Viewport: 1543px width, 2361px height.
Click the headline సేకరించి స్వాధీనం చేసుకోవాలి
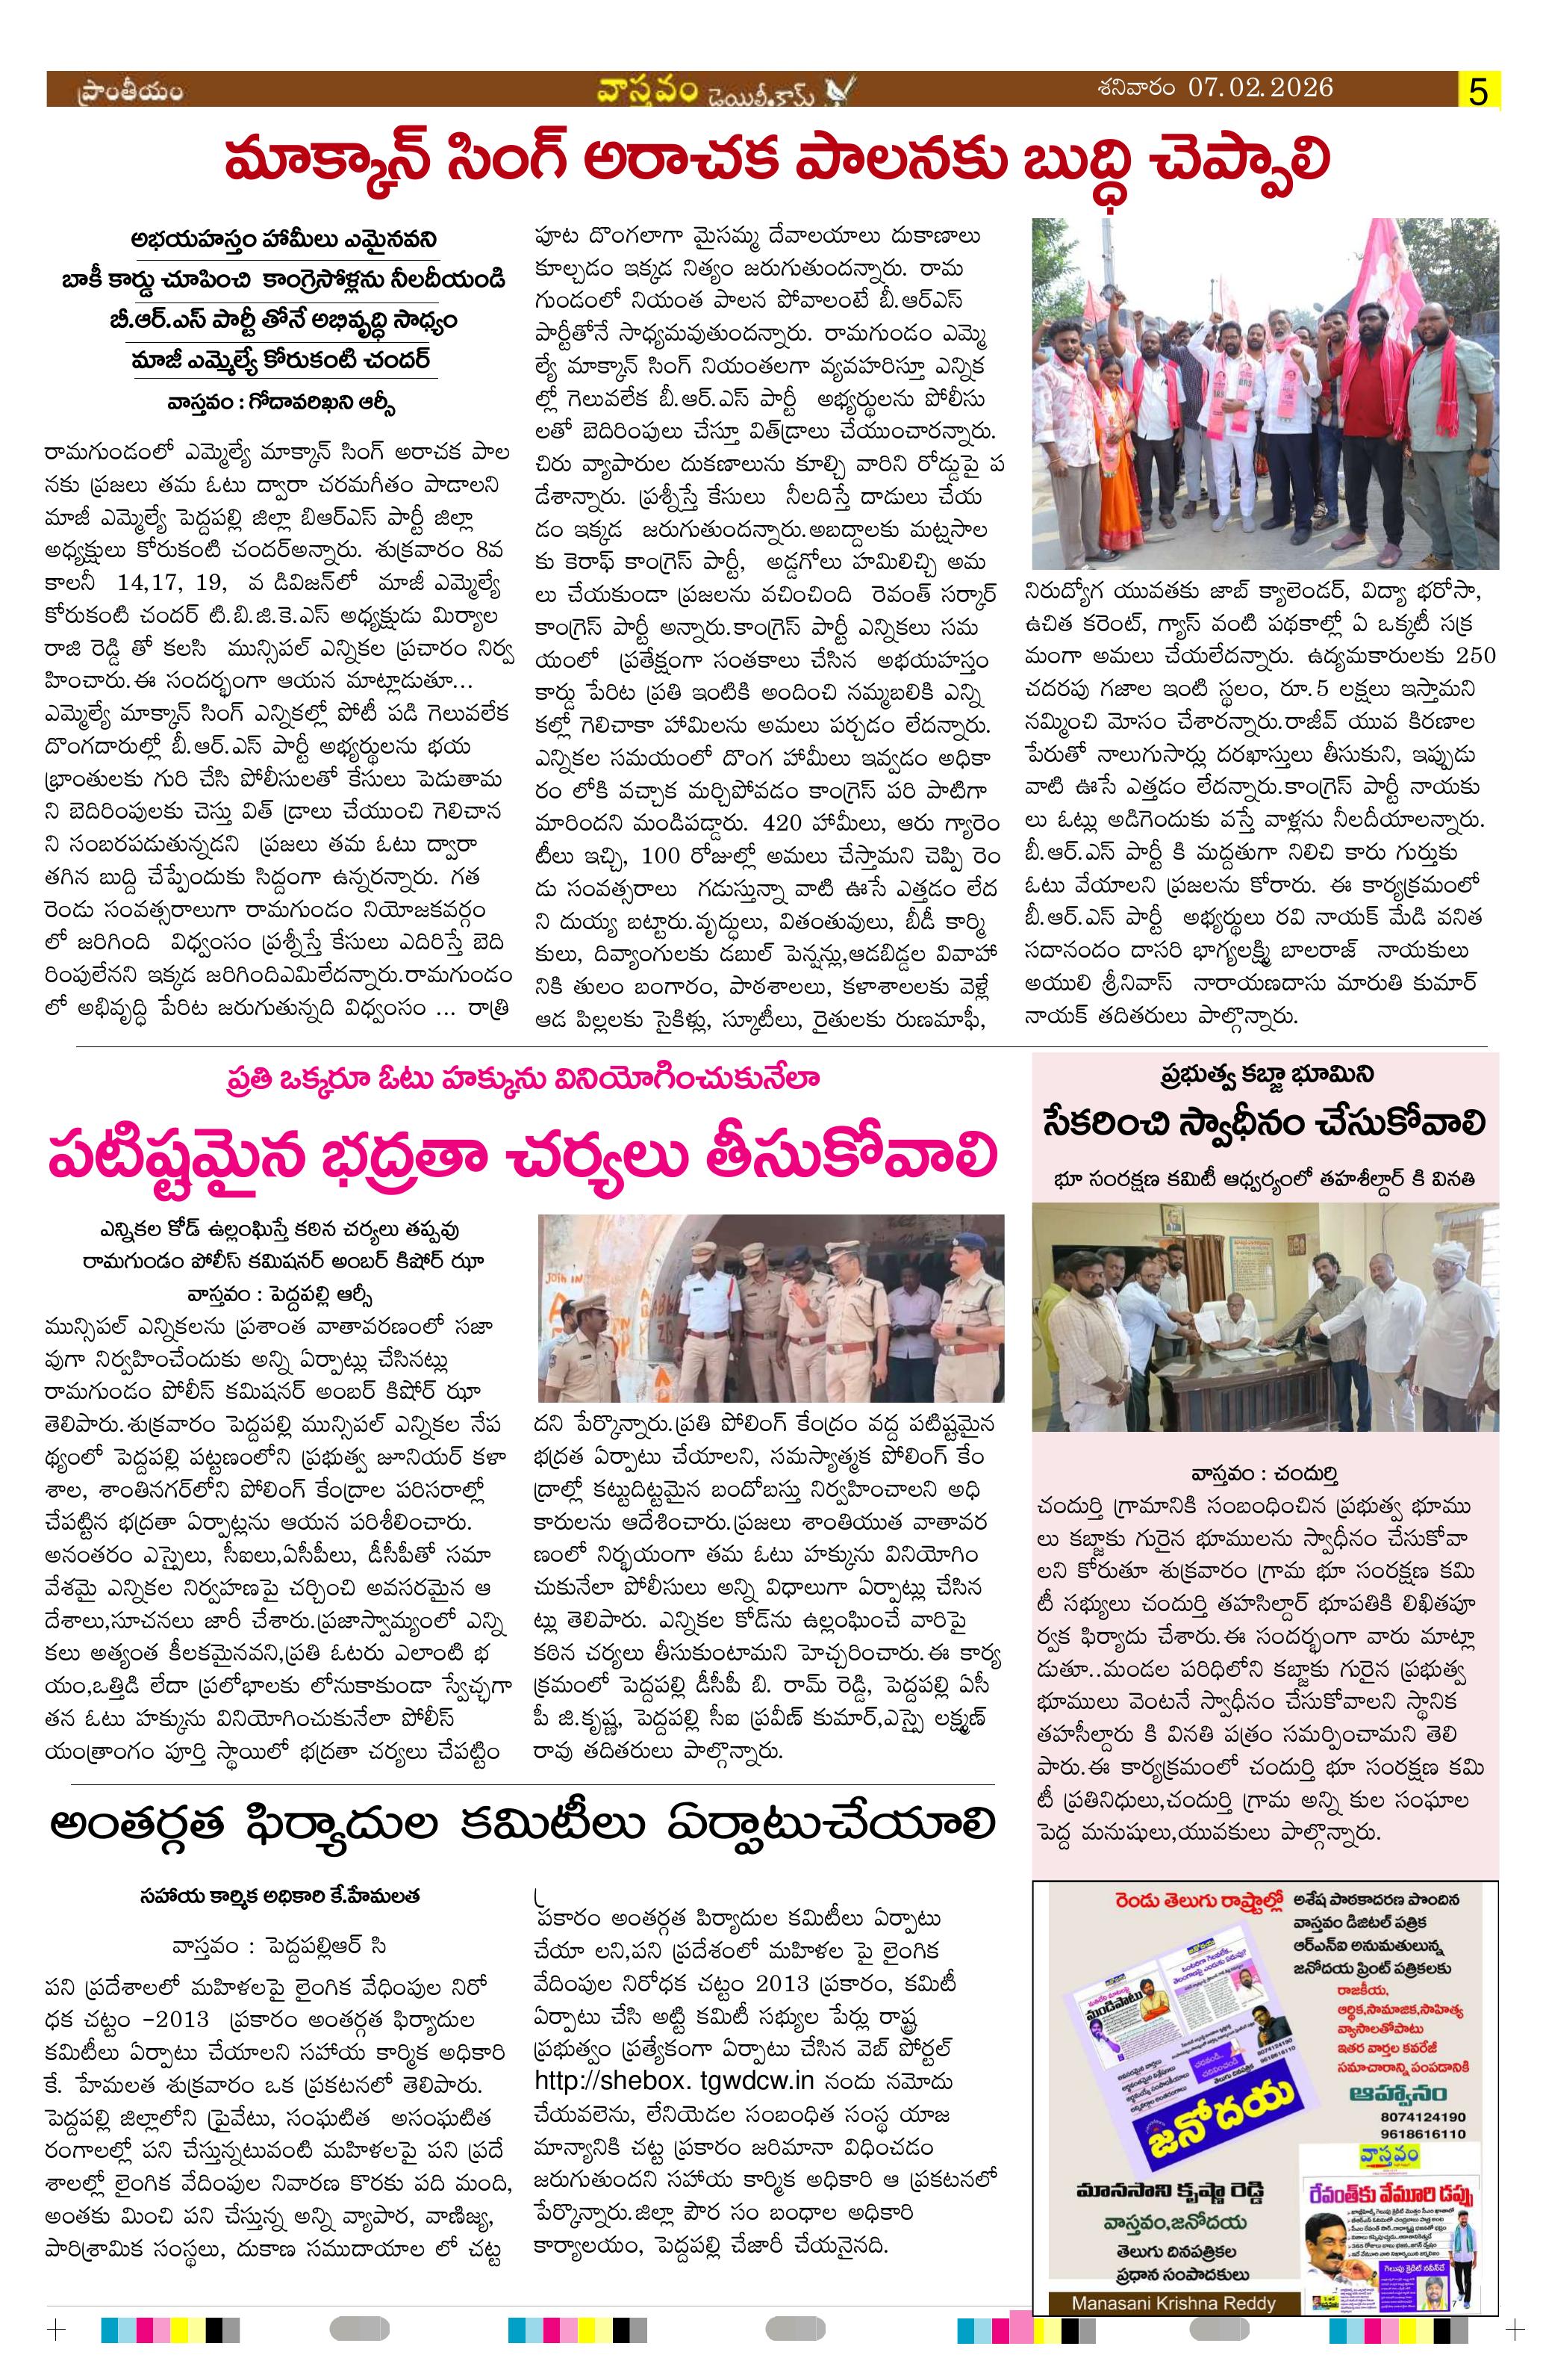pyautogui.click(x=1265, y=1124)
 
